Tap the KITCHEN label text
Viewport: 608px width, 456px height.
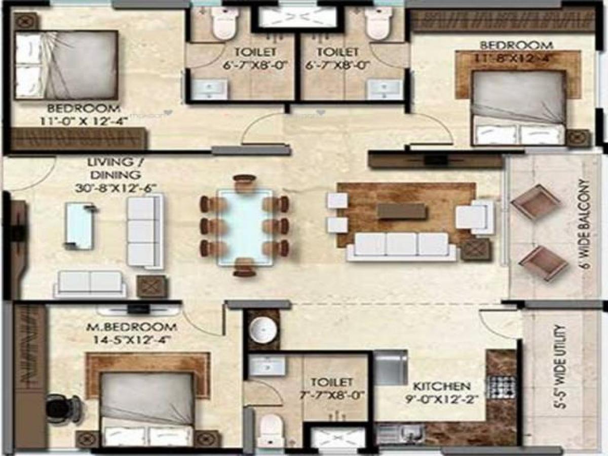[x=441, y=386]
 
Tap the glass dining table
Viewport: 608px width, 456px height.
[x=245, y=227]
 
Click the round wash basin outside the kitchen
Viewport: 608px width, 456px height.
[x=263, y=330]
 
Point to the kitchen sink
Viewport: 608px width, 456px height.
[x=400, y=434]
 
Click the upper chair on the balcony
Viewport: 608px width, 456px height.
[x=536, y=201]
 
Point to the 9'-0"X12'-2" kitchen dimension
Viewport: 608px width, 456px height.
[x=441, y=398]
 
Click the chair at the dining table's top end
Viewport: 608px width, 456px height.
[x=245, y=181]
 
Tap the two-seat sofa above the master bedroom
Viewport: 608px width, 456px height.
[x=90, y=284]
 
